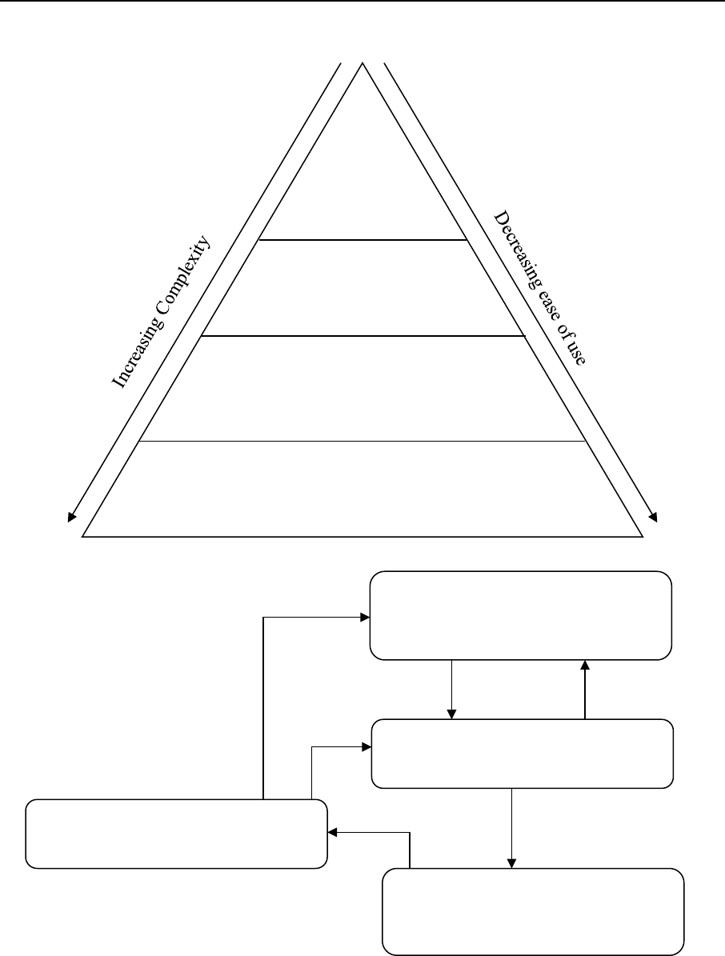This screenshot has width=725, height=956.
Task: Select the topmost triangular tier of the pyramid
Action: click(x=362, y=176)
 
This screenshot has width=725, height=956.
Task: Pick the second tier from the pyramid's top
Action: click(x=362, y=288)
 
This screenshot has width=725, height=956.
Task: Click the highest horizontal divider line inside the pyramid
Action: click(x=362, y=239)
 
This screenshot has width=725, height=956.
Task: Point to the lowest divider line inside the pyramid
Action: click(x=362, y=441)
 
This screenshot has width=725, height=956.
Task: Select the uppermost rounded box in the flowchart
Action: click(x=520, y=615)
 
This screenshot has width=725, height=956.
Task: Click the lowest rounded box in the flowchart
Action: click(x=534, y=911)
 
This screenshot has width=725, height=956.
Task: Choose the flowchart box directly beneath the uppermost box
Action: click(x=523, y=754)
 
